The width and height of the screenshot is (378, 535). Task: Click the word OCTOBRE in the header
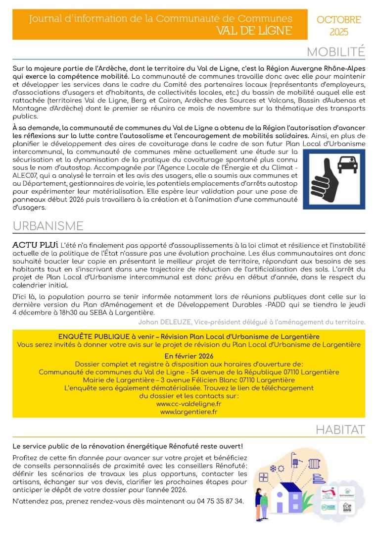[338, 20]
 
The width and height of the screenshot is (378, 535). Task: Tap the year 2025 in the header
[338, 32]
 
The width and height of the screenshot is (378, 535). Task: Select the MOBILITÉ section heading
[335, 52]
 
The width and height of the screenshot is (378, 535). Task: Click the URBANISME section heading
[48, 226]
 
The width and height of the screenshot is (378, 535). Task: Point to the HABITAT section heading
[340, 430]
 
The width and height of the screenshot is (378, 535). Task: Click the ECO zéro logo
[347, 506]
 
